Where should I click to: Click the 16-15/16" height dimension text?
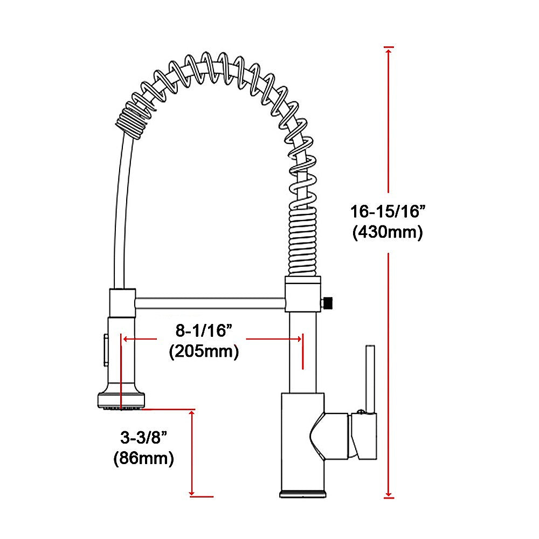coord(388,211)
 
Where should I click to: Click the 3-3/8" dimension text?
coord(141,437)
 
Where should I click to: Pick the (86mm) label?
coord(143,459)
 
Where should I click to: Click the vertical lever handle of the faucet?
coord(370,377)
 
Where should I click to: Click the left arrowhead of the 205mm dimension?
coord(126,339)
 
